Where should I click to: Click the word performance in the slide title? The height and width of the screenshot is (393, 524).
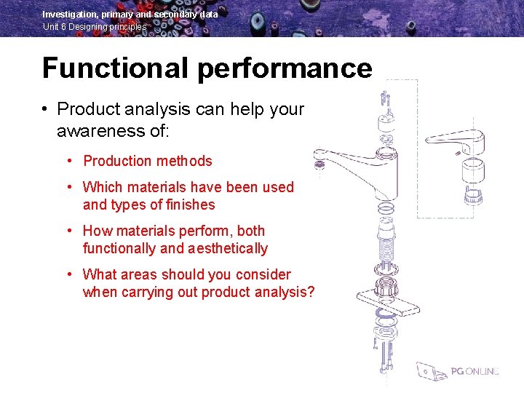(x=285, y=68)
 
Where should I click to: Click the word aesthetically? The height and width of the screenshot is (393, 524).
(x=227, y=248)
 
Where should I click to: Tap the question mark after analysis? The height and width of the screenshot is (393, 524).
(x=311, y=292)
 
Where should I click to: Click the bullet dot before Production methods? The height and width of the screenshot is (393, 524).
(x=68, y=161)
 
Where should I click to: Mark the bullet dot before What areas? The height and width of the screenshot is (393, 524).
(x=68, y=274)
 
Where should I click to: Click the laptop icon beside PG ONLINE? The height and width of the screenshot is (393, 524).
(x=432, y=371)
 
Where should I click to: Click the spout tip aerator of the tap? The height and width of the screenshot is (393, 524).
(x=319, y=164)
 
